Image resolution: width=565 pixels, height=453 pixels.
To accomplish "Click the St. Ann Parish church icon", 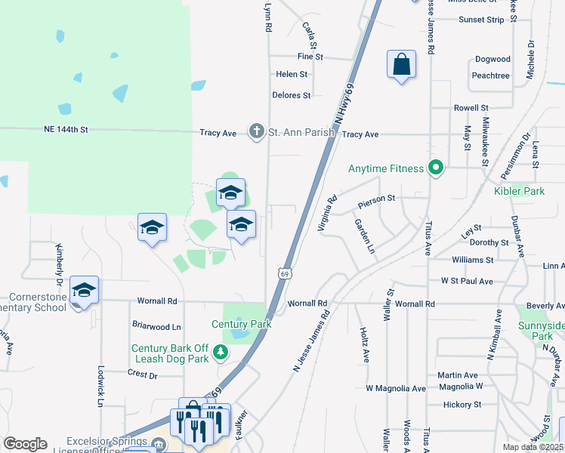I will (x=257, y=132).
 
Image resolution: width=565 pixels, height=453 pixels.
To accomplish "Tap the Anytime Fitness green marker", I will (x=435, y=168).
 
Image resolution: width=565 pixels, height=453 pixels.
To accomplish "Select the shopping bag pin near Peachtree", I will (x=401, y=65).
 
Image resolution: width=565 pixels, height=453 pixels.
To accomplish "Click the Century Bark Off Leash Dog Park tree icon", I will (x=221, y=352).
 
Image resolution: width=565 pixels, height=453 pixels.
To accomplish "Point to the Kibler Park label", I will (x=519, y=191).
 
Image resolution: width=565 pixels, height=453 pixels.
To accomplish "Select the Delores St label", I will (x=292, y=95).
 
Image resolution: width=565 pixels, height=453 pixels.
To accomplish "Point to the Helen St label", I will (x=292, y=75).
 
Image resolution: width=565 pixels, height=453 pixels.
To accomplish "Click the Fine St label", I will (x=310, y=57).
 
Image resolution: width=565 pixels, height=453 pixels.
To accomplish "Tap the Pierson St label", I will (x=377, y=198).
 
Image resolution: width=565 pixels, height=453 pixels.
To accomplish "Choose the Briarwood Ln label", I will (x=157, y=327).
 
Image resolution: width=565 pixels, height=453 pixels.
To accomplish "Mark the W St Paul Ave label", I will (x=467, y=281).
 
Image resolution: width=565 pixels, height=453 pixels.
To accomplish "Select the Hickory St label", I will (x=462, y=405).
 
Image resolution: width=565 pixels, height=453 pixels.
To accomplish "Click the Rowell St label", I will (x=471, y=108).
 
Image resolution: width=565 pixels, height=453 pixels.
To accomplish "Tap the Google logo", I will (x=25, y=444).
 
